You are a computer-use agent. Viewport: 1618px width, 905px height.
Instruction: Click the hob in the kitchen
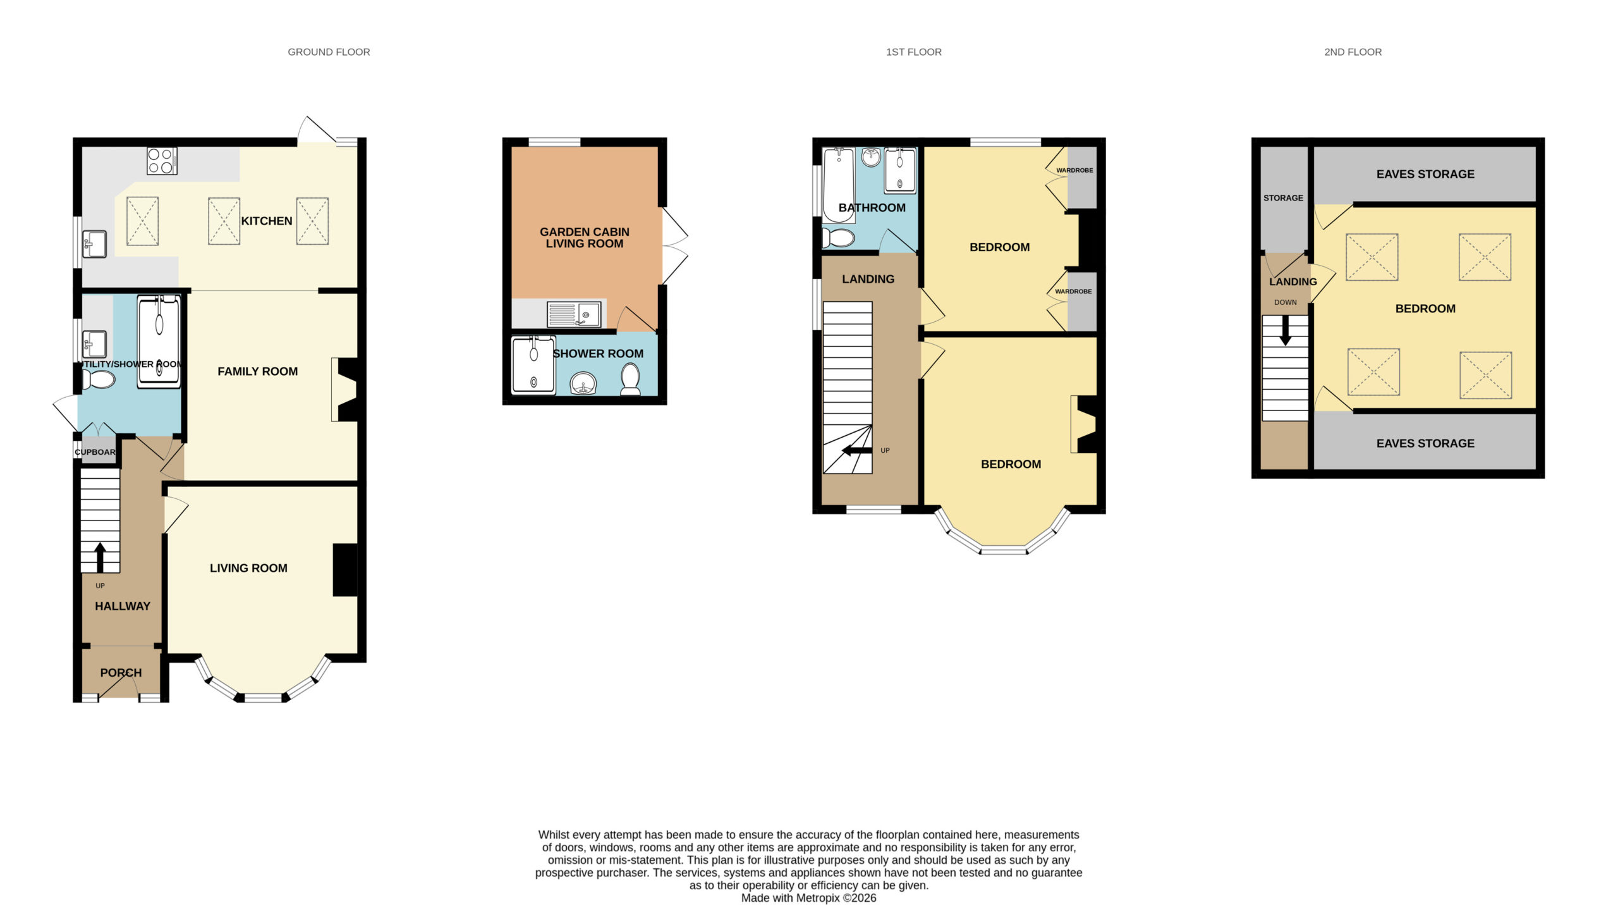click(162, 161)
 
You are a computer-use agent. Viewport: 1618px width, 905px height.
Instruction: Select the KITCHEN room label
click(267, 221)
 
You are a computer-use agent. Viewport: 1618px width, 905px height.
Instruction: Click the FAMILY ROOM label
click(258, 372)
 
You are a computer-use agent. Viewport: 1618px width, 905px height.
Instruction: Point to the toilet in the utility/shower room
click(99, 379)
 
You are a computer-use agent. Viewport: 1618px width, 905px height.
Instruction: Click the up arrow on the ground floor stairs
click(100, 557)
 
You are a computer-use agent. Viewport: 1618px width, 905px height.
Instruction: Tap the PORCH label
click(121, 673)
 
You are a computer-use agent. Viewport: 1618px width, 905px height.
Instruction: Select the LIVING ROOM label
click(248, 569)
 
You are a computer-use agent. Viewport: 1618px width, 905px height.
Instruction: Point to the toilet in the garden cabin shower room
click(631, 379)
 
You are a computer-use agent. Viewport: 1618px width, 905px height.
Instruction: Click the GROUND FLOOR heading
click(329, 52)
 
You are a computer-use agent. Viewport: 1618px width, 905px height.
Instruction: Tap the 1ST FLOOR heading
click(914, 52)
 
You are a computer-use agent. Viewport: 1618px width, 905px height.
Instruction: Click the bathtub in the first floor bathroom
click(839, 185)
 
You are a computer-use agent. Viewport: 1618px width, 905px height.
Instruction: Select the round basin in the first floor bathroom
click(871, 157)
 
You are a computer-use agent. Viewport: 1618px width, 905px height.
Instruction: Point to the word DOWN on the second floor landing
click(1286, 302)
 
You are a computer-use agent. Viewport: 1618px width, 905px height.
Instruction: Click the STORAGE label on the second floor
click(1283, 198)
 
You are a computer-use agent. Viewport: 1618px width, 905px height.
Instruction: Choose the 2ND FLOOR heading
click(1353, 52)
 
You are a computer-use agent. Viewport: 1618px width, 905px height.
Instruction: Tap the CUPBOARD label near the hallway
click(95, 452)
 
